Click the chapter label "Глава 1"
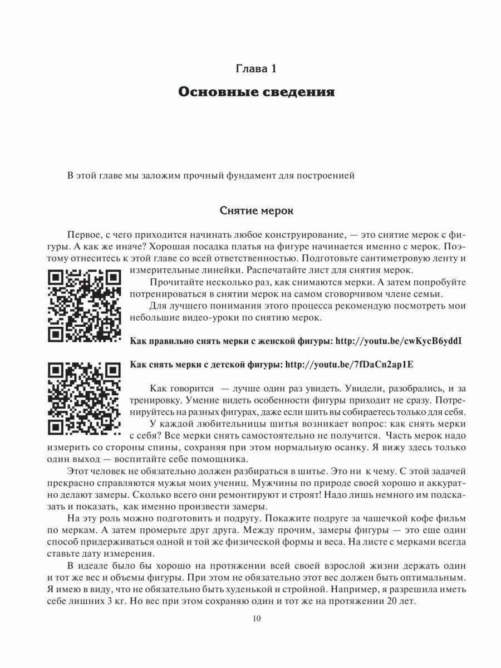point(256,69)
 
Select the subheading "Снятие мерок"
point(256,212)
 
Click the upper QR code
point(84,306)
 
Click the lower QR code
point(84,399)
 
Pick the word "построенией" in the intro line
point(326,175)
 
